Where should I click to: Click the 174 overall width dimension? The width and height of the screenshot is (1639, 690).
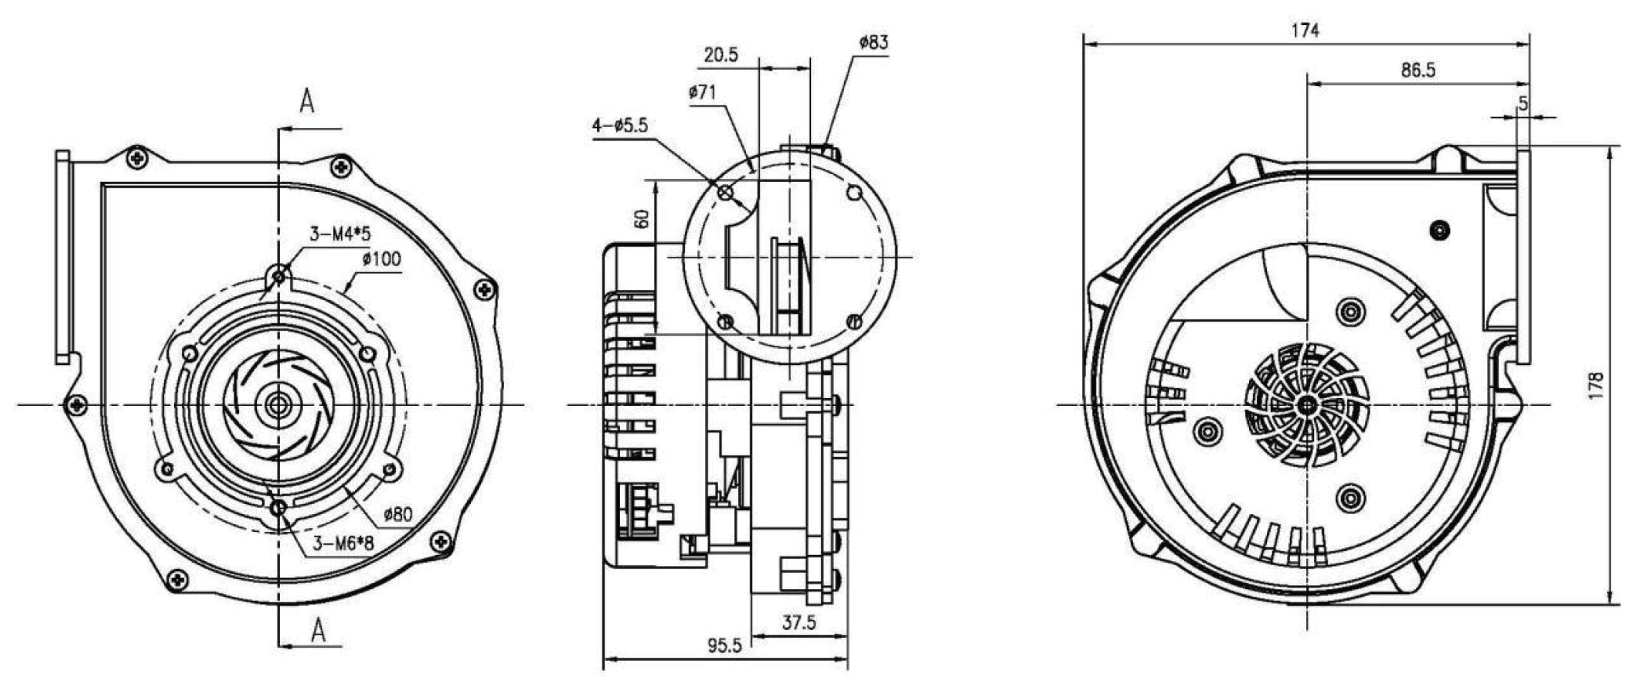[1305, 30]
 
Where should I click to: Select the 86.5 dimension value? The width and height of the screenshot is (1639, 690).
[1418, 70]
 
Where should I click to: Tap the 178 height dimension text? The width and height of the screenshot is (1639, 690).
[1596, 386]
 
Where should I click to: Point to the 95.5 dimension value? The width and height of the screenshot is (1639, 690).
[725, 646]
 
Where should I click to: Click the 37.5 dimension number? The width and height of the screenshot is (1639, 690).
[799, 622]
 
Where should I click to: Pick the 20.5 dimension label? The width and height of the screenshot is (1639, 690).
[721, 55]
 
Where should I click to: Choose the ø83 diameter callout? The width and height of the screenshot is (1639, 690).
[873, 43]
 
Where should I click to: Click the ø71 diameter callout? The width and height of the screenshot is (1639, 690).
[702, 93]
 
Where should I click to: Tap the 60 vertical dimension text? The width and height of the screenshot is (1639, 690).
[643, 219]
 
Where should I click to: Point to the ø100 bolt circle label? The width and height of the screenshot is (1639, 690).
[382, 260]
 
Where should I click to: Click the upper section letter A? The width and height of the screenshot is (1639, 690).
[307, 101]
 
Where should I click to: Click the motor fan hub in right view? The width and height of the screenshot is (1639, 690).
[1307, 405]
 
